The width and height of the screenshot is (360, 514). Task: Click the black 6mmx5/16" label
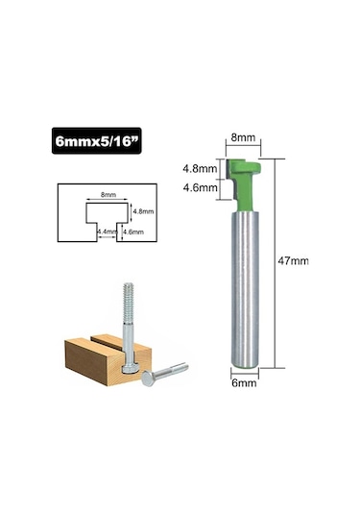pyautogui.click(x=96, y=141)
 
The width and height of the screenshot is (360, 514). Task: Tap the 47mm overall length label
pyautogui.click(x=293, y=261)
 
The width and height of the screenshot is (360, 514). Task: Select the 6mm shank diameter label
pyautogui.click(x=244, y=383)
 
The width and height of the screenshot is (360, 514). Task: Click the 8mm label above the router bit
pyautogui.click(x=243, y=137)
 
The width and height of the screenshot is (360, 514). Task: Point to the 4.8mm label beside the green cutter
pyautogui.click(x=200, y=169)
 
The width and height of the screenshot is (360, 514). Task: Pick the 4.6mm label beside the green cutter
pyautogui.click(x=200, y=188)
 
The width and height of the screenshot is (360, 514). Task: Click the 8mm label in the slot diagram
pyautogui.click(x=108, y=195)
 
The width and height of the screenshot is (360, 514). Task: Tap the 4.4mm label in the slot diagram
pyautogui.click(x=107, y=232)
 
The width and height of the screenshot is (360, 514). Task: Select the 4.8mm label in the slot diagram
pyautogui.click(x=143, y=211)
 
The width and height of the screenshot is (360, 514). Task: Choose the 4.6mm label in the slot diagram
pyautogui.click(x=133, y=233)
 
